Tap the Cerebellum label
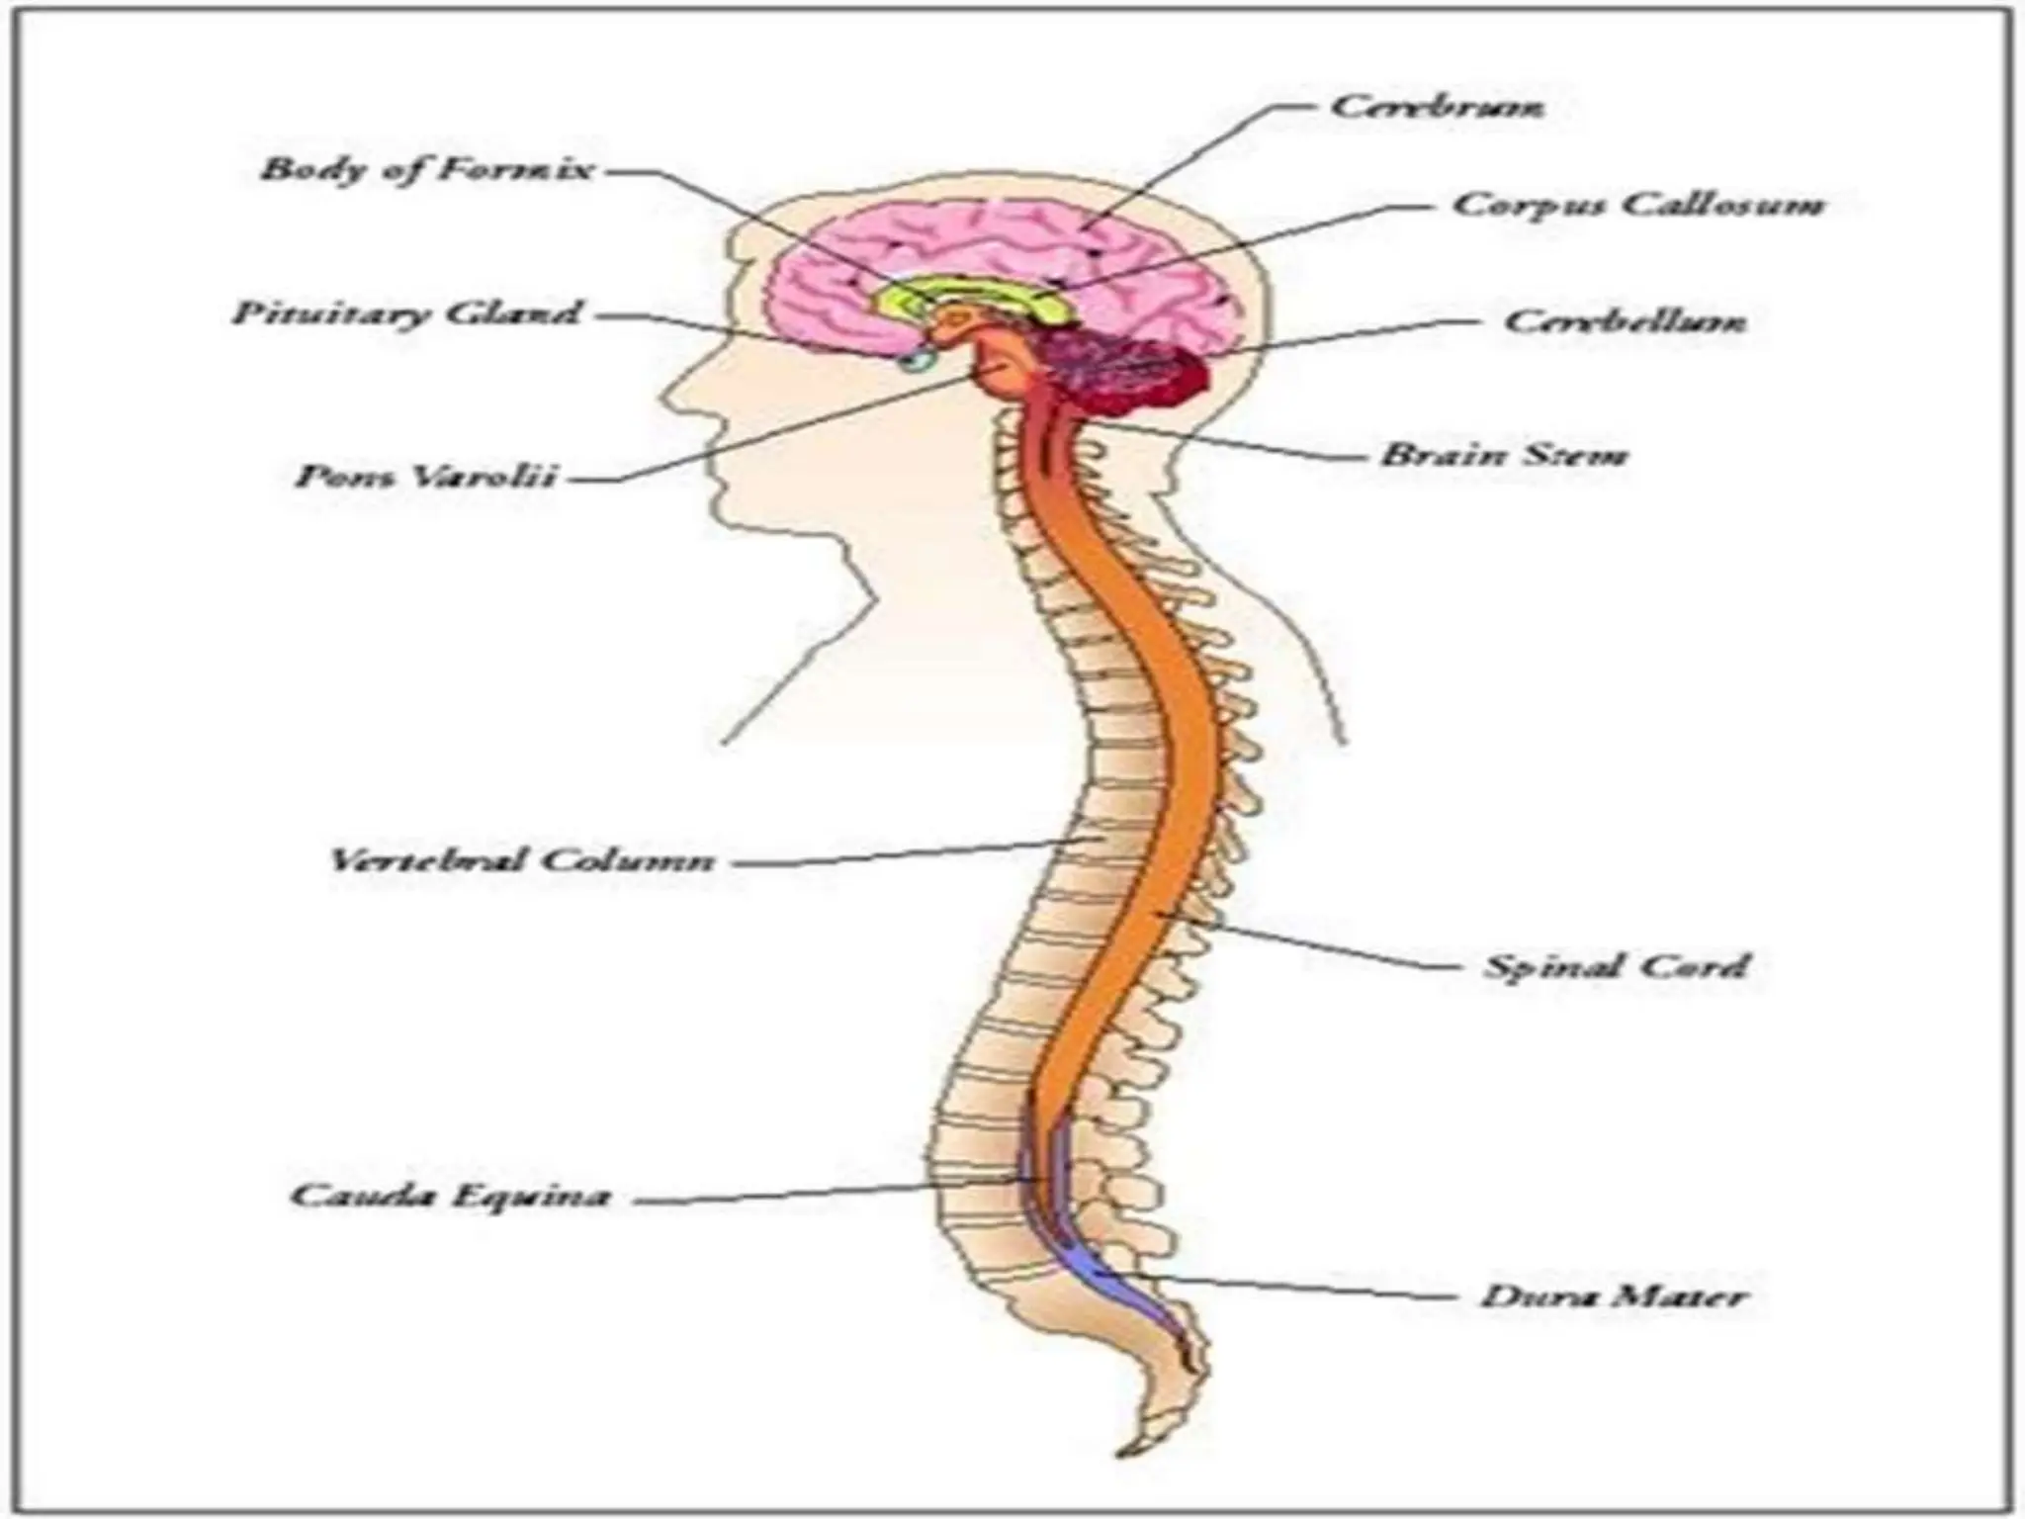click(x=1625, y=321)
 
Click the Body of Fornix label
click(x=426, y=169)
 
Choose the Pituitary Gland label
click(x=406, y=313)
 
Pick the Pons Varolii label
click(x=426, y=477)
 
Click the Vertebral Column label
click(x=520, y=859)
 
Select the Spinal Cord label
click(x=1616, y=965)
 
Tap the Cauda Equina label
click(x=450, y=1196)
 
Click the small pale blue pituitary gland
click(x=918, y=361)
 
